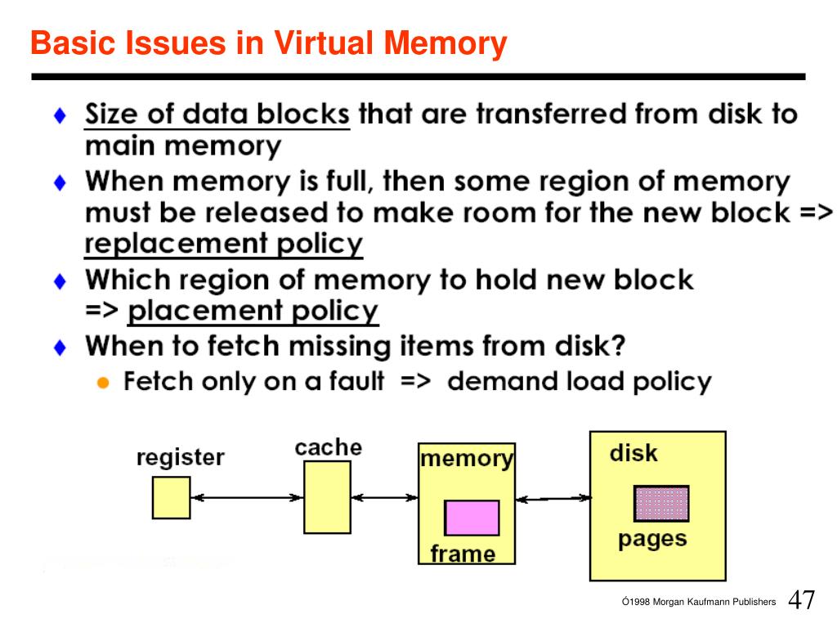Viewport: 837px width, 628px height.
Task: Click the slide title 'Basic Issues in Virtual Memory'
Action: coord(269,43)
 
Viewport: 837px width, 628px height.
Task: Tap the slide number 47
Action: coord(801,599)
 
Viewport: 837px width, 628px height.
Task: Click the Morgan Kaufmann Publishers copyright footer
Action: coord(699,602)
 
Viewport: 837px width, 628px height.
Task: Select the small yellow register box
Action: coord(171,497)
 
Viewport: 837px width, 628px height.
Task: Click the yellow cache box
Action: coord(327,497)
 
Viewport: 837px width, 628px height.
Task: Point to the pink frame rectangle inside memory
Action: coord(472,518)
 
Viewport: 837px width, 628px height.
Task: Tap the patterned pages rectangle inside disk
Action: coord(661,503)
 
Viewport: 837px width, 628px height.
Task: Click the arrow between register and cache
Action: coord(247,497)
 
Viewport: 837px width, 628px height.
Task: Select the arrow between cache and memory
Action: coord(384,496)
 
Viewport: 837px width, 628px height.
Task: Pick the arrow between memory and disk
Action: coord(553,497)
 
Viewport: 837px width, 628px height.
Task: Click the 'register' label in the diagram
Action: coord(180,457)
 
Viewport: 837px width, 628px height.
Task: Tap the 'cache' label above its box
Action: coord(328,447)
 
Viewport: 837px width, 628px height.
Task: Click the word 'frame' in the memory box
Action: coord(463,554)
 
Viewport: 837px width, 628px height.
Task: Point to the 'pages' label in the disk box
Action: coord(652,539)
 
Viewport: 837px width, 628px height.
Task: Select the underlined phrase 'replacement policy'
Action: coord(224,244)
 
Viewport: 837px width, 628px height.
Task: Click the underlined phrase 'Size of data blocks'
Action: coord(217,114)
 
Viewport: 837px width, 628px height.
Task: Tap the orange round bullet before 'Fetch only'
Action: coord(103,383)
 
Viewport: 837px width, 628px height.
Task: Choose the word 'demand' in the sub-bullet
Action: coord(497,381)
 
